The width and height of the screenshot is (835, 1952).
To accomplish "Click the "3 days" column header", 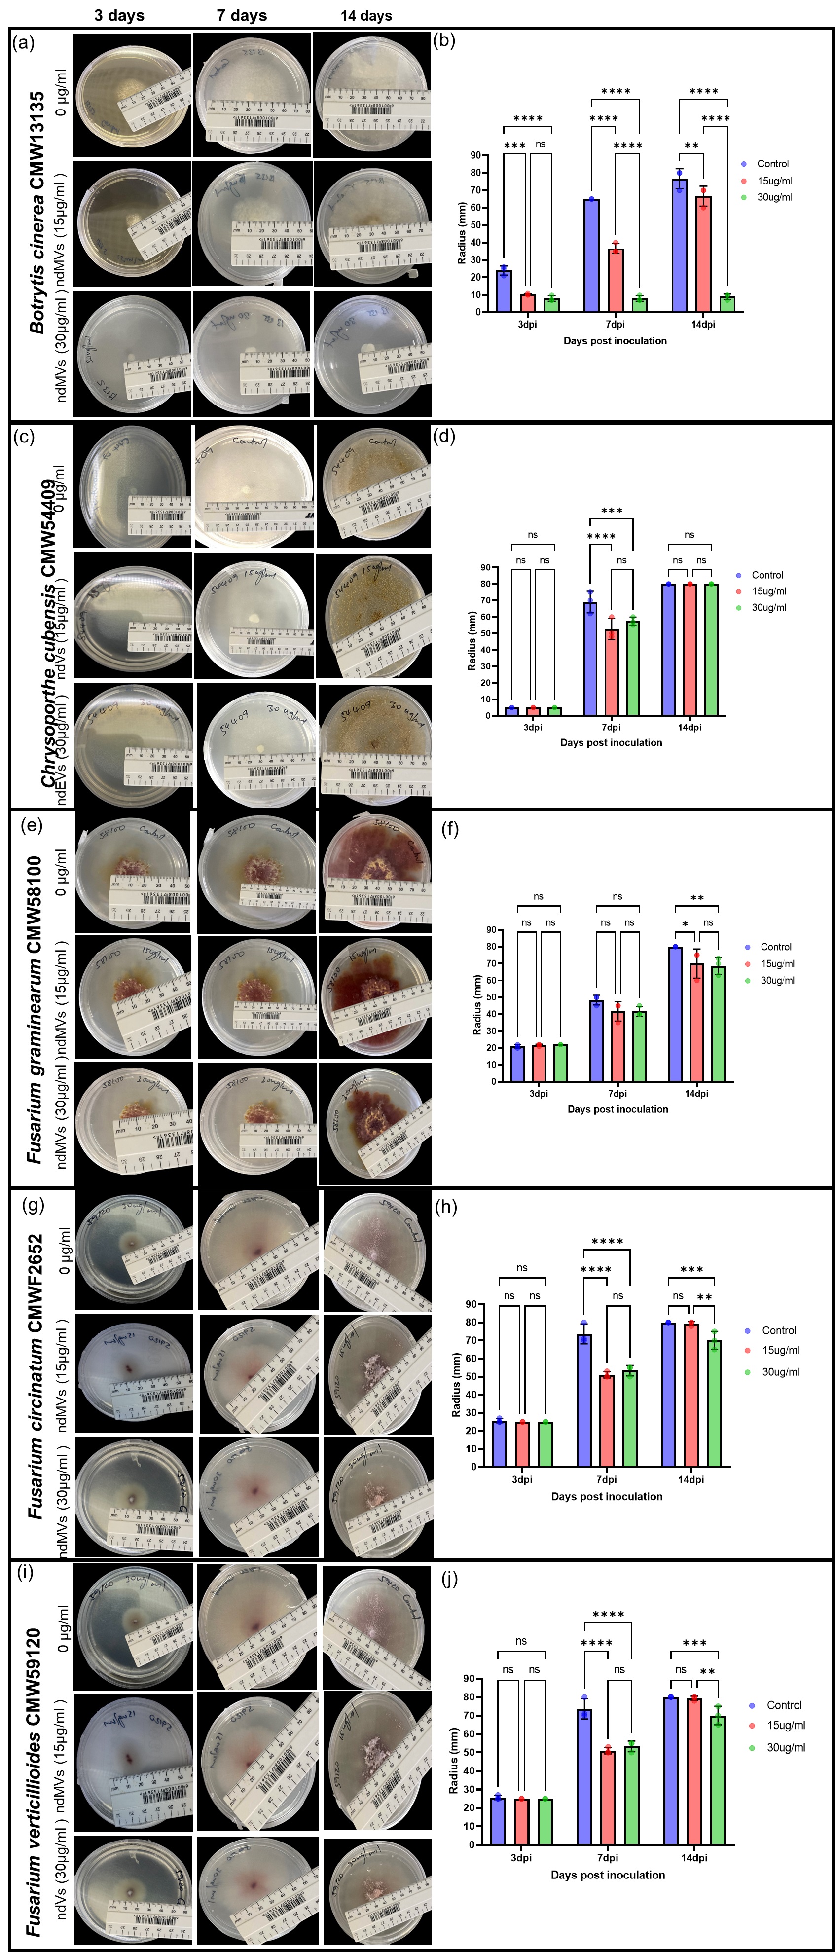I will (120, 15).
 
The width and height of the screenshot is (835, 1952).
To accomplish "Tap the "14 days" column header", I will (366, 15).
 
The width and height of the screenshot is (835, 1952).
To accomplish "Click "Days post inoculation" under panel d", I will (611, 742).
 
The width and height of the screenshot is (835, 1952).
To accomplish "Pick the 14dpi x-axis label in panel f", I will (696, 1094).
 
